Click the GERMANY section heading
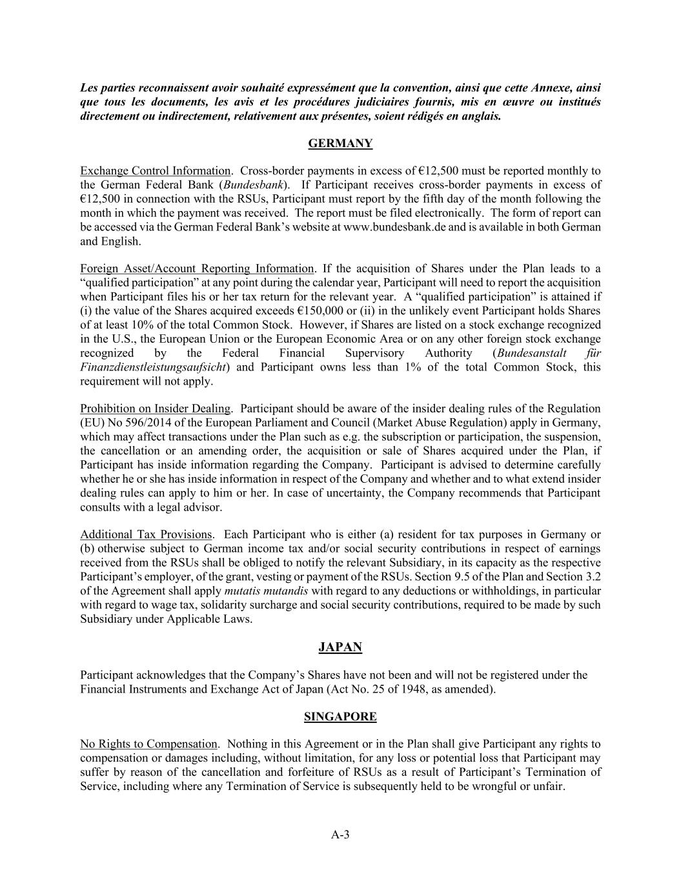[x=340, y=143]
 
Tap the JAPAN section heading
[x=340, y=647]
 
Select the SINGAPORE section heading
[x=340, y=716]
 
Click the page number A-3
[x=340, y=835]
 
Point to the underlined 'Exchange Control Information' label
[x=155, y=171]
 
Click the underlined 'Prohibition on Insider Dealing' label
[x=155, y=409]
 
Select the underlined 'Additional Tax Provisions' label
[x=146, y=534]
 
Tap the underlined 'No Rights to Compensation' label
[x=148, y=744]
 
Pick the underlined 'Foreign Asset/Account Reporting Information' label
[x=197, y=268]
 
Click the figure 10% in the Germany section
[x=145, y=325]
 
